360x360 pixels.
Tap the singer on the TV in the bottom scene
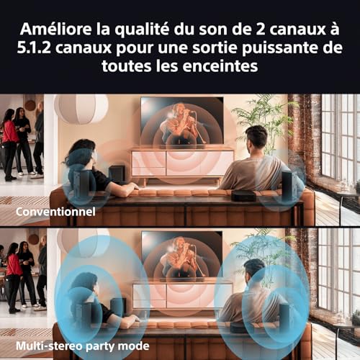click(x=181, y=256)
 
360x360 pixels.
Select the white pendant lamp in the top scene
click(x=80, y=109)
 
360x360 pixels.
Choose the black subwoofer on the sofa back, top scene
click(x=243, y=195)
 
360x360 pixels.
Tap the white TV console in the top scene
click(x=181, y=163)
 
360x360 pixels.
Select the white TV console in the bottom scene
click(x=181, y=295)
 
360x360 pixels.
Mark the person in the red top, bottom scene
click(x=14, y=270)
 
